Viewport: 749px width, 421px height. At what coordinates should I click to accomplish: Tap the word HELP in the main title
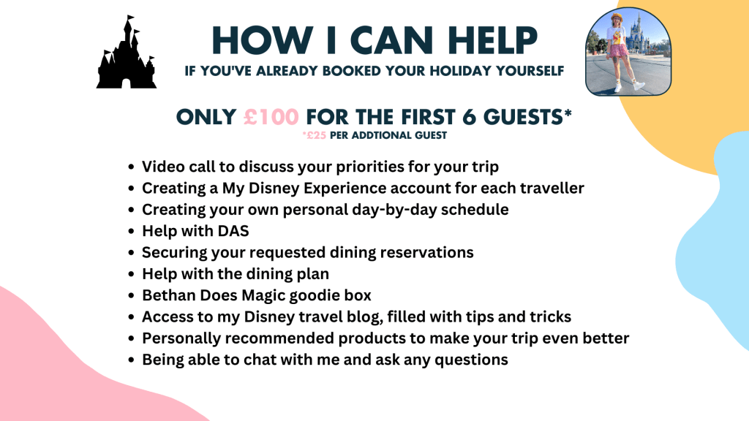(x=493, y=40)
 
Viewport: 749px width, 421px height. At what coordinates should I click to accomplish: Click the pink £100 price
(x=271, y=117)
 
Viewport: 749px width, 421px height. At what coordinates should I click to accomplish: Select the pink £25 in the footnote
(x=315, y=135)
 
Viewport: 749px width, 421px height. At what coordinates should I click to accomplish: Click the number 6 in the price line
(x=469, y=117)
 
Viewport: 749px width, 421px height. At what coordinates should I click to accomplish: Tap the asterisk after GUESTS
(x=568, y=113)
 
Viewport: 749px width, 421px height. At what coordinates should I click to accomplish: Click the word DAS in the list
(x=233, y=231)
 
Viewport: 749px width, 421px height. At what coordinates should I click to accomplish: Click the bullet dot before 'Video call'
(x=132, y=167)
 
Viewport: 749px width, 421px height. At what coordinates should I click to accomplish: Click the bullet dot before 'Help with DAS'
(x=132, y=232)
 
